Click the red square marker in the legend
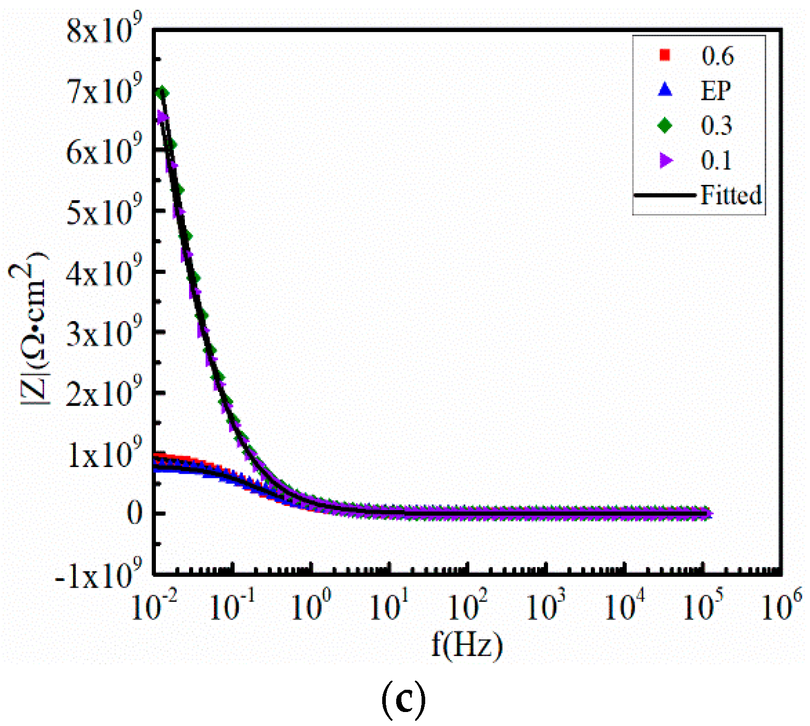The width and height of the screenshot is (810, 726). click(664, 55)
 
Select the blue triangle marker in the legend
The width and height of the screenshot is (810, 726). click(664, 90)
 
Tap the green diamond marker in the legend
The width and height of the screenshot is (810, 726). click(664, 125)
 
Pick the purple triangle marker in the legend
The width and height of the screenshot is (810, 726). click(666, 161)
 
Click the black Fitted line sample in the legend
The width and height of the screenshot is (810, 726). click(665, 195)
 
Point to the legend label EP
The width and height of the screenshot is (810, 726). click(716, 91)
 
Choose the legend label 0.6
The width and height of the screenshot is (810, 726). click(717, 56)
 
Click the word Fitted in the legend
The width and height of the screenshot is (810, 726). click(731, 195)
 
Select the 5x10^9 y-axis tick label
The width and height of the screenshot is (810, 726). click(104, 212)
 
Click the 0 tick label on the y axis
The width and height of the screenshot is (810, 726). click(135, 514)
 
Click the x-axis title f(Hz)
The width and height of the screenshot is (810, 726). click(467, 645)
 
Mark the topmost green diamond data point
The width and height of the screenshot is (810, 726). click(163, 93)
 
